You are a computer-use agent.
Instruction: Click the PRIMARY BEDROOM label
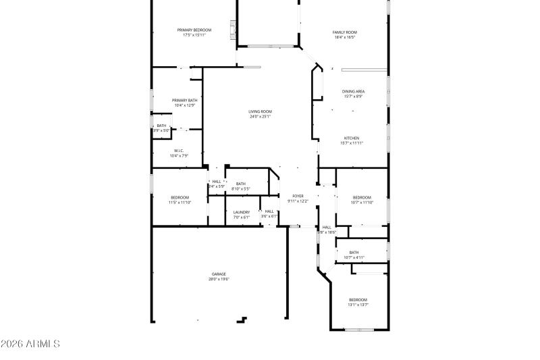194,30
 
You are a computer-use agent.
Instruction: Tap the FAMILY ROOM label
344,32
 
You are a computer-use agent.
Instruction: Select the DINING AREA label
354,91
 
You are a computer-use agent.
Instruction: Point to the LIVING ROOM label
260,111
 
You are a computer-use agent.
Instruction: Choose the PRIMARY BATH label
184,100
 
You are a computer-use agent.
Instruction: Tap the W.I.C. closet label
179,151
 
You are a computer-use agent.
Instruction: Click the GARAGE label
219,274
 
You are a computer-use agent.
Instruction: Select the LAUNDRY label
242,212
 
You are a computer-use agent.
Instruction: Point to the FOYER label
298,196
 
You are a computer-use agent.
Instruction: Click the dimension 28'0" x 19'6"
219,278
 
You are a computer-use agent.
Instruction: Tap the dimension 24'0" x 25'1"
260,116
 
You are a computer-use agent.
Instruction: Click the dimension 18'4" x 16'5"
344,37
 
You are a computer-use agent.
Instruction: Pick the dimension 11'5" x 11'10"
180,202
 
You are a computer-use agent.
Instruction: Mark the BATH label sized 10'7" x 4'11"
354,253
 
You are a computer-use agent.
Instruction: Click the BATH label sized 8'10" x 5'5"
241,184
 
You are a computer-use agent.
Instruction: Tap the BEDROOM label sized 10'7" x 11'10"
362,197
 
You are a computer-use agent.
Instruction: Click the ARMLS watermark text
30,344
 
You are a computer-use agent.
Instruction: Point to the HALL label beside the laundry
269,211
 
